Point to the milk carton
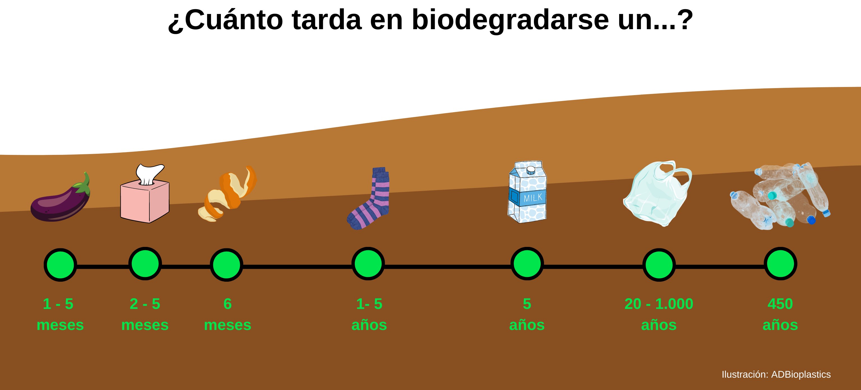click(527, 192)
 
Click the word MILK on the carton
click(533, 198)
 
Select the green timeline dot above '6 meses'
click(227, 265)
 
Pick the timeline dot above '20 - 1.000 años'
click(659, 265)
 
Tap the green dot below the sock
click(368, 264)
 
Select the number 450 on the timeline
click(780, 304)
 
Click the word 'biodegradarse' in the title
click(510, 20)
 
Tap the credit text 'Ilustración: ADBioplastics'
click(776, 374)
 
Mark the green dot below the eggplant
click(60, 265)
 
